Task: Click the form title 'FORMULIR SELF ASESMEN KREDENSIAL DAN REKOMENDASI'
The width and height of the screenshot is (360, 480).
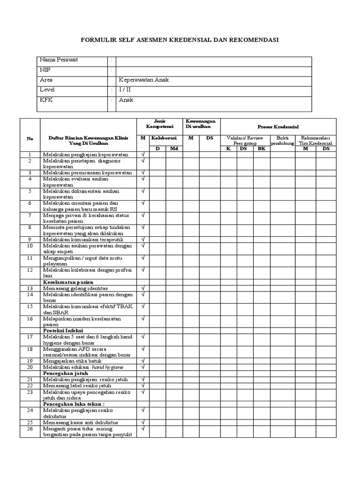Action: click(x=180, y=40)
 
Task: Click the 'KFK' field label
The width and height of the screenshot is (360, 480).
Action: click(x=46, y=100)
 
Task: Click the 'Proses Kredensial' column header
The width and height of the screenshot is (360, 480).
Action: click(x=278, y=127)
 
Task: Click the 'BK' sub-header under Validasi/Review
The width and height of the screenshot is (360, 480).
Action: click(x=261, y=149)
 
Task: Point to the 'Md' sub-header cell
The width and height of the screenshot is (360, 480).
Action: click(x=174, y=149)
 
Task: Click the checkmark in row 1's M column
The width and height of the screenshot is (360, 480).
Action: click(x=143, y=154)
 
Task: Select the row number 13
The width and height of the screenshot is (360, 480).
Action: click(x=30, y=288)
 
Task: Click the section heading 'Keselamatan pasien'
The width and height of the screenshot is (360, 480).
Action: click(x=68, y=282)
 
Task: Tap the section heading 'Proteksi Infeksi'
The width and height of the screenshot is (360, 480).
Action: click(x=63, y=330)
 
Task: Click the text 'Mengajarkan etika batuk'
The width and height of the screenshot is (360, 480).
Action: click(x=72, y=361)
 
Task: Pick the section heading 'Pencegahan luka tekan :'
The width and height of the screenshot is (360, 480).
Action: click(x=74, y=404)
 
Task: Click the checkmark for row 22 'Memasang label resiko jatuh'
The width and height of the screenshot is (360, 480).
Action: click(x=143, y=385)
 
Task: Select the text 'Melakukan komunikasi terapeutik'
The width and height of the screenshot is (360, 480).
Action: click(x=83, y=240)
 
